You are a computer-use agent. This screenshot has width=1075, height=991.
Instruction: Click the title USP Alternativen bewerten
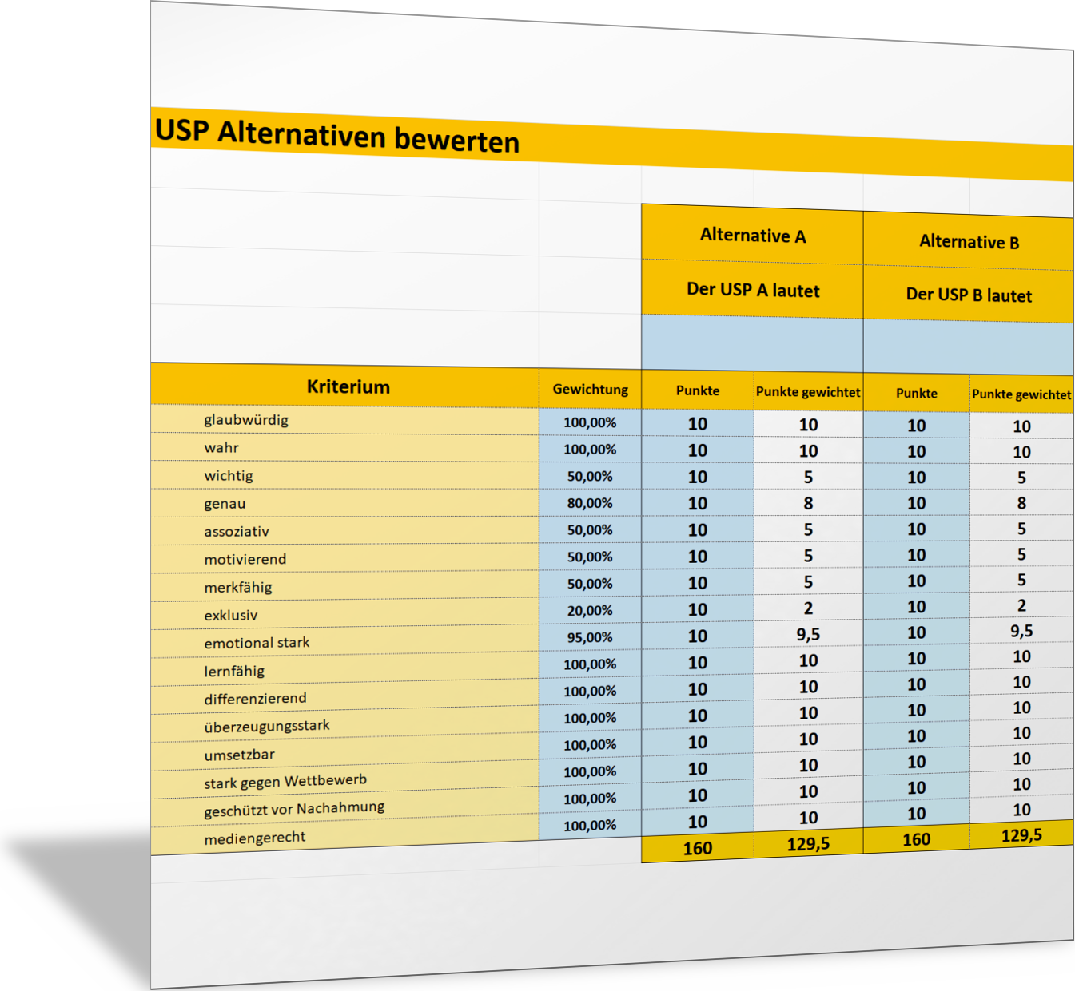tap(336, 135)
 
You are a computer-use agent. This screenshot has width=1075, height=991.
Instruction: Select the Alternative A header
tap(753, 236)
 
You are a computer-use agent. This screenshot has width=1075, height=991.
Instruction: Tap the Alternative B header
tap(969, 242)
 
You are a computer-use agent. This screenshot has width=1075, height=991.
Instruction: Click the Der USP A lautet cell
tap(753, 290)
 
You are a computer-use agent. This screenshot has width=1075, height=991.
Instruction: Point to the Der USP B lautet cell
tap(969, 295)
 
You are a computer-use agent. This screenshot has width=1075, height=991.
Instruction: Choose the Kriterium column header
tap(348, 387)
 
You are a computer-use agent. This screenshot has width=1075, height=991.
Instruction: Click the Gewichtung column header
tap(590, 390)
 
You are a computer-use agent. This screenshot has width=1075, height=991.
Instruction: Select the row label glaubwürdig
tap(246, 420)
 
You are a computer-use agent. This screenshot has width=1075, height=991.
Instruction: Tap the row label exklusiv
tap(231, 616)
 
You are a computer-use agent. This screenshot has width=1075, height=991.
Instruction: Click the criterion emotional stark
tap(257, 643)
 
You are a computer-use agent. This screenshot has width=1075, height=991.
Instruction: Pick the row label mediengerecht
tap(255, 838)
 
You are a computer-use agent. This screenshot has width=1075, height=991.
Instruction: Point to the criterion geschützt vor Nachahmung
tap(294, 809)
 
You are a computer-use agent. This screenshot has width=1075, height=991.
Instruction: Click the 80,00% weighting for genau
tap(590, 503)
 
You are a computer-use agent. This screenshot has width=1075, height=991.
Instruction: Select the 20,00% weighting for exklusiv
tap(590, 610)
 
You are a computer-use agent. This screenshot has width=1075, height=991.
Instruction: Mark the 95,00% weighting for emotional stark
tap(590, 637)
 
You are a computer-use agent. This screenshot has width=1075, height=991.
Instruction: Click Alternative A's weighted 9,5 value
tap(808, 634)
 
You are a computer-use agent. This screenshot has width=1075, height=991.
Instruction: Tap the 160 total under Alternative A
tap(698, 848)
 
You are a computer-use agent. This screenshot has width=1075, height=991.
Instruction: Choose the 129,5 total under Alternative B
tap(1021, 835)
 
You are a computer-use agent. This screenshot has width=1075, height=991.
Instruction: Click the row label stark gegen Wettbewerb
tap(285, 781)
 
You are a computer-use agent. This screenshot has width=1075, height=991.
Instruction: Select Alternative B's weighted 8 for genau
tap(1021, 503)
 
